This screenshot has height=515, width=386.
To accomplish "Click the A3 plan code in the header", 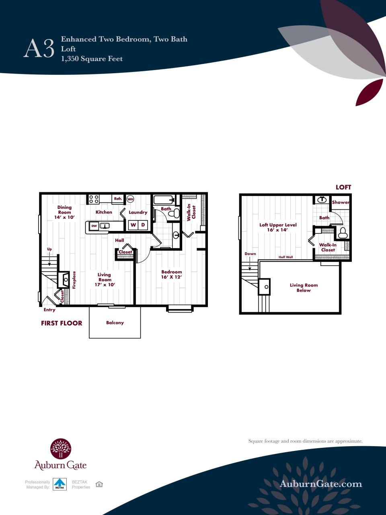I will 39,49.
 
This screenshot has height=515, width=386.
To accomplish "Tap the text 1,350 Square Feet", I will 92,59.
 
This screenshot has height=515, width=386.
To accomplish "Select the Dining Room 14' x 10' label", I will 64,212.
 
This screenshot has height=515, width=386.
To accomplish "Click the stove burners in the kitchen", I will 94,199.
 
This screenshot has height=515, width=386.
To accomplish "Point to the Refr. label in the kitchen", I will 118,199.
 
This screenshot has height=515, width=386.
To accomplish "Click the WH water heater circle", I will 130,199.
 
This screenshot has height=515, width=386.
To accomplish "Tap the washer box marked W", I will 133,225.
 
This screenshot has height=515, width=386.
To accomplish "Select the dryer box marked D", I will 143,225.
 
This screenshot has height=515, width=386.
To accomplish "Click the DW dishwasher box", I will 94,226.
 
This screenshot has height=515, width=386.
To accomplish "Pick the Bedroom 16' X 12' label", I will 172,274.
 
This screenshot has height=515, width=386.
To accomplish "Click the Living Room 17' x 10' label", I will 105,280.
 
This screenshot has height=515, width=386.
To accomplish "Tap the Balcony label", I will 115,323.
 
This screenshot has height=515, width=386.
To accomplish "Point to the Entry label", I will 49,310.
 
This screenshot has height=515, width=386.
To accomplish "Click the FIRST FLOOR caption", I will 62,323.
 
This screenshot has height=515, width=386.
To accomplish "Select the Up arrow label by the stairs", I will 49,249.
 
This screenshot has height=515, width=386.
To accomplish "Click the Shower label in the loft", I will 341,202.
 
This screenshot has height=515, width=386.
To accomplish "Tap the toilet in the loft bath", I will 343,233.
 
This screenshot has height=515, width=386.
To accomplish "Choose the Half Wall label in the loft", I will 286,257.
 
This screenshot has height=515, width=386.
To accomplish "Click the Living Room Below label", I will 304,288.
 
